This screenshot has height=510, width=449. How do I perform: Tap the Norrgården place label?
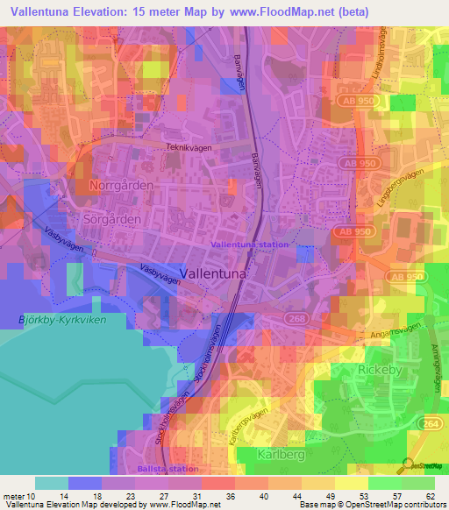(x=121, y=186)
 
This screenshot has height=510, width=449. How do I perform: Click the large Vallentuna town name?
(x=214, y=273)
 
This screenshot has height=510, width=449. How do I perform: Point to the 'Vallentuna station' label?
(x=250, y=244)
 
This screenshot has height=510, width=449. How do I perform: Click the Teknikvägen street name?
(x=190, y=149)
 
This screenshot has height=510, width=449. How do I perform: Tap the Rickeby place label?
(x=380, y=370)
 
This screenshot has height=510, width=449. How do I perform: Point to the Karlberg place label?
(x=281, y=454)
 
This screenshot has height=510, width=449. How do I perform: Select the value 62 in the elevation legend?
(x=430, y=496)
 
